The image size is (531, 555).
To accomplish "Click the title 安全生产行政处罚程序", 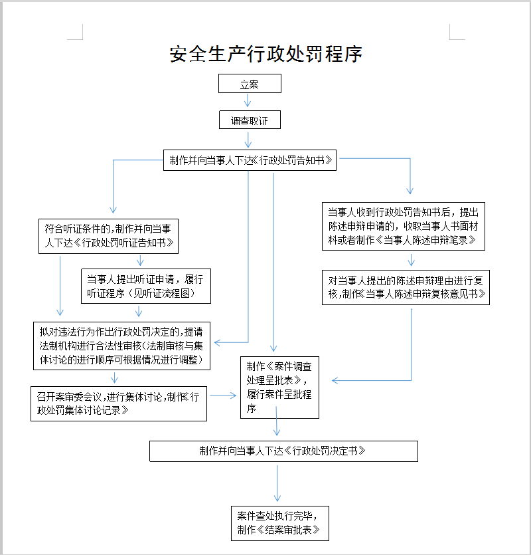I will [x=265, y=54].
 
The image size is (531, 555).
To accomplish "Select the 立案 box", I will [x=250, y=84].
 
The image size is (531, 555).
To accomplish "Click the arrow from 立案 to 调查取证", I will [x=248, y=101].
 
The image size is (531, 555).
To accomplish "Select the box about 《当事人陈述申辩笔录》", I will [x=403, y=226].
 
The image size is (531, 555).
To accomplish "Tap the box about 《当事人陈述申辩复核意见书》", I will [x=406, y=286].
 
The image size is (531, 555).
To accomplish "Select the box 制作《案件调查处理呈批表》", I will [x=279, y=388].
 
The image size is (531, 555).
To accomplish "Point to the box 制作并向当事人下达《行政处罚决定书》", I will [x=283, y=451].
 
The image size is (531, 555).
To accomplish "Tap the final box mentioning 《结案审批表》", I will [x=279, y=522].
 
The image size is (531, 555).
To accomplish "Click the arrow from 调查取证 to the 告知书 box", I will [x=248, y=139].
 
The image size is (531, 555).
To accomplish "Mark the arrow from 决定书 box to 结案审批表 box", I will [x=277, y=483].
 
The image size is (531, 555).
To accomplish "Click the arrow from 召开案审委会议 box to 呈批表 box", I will [x=224, y=395].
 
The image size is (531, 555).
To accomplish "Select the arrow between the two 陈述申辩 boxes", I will [x=411, y=259].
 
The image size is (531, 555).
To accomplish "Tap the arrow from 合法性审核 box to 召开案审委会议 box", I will [x=115, y=377].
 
